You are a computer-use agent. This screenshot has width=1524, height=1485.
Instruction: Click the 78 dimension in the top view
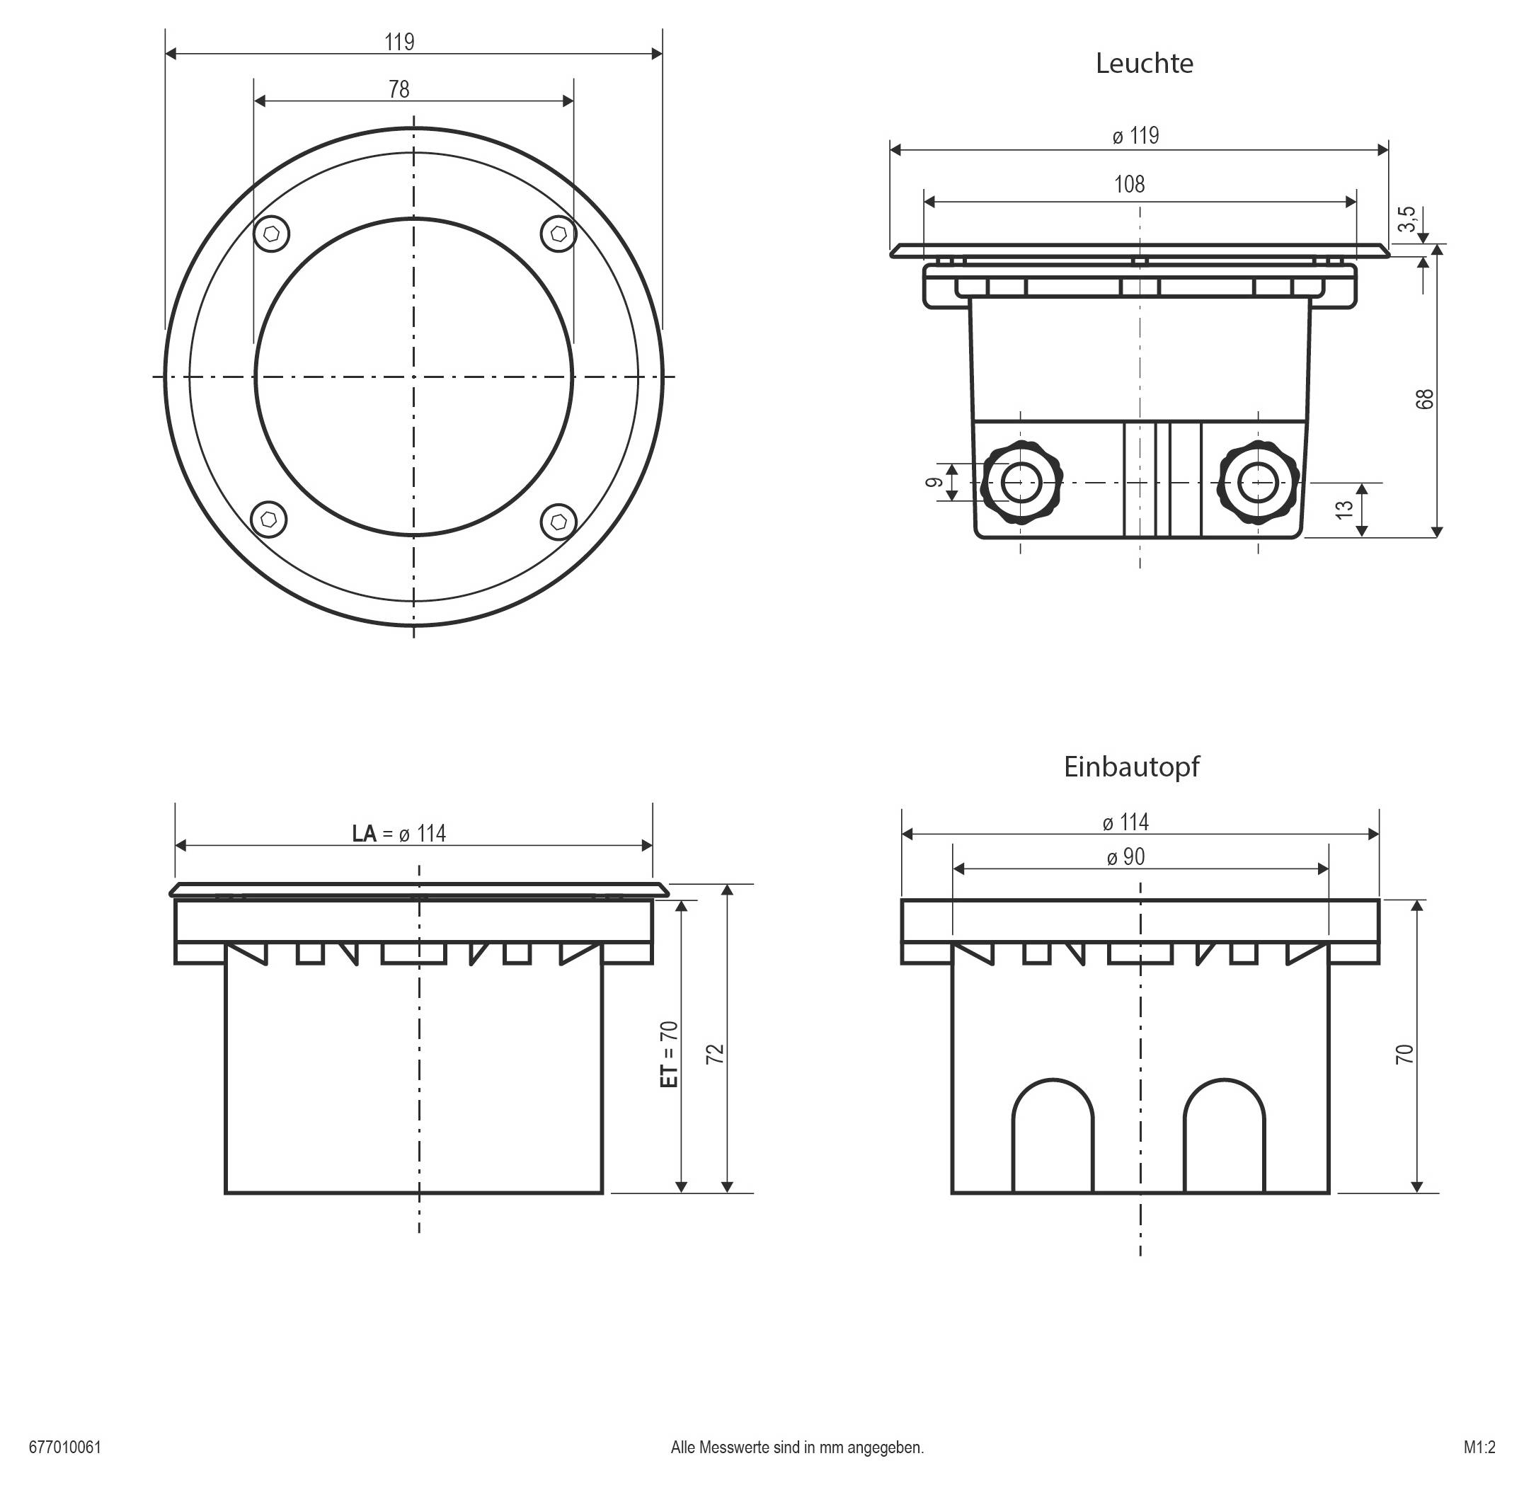(x=399, y=90)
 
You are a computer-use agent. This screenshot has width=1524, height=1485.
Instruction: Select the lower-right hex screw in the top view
(x=558, y=521)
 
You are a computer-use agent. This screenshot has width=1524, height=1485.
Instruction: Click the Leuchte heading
(x=1143, y=63)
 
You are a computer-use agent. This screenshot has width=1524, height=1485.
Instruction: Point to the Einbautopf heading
(x=1131, y=767)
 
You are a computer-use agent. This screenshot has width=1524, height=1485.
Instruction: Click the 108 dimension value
(x=1128, y=184)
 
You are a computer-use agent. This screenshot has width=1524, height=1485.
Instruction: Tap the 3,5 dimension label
(x=1406, y=219)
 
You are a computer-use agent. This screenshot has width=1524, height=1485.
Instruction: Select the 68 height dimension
(x=1424, y=399)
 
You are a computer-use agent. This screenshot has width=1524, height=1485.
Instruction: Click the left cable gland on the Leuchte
(x=1021, y=483)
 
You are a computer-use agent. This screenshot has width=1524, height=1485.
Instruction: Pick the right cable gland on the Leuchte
(x=1258, y=483)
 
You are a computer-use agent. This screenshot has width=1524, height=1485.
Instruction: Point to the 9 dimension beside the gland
(x=933, y=482)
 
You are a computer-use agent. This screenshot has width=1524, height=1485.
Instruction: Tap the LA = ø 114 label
(x=399, y=834)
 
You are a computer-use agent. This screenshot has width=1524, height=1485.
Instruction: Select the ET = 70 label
(x=669, y=1054)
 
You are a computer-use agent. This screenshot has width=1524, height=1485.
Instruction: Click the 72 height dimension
(x=714, y=1054)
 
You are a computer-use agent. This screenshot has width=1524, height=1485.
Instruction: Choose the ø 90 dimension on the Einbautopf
(x=1125, y=857)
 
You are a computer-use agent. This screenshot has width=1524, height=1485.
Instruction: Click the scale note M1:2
(x=1479, y=1447)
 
